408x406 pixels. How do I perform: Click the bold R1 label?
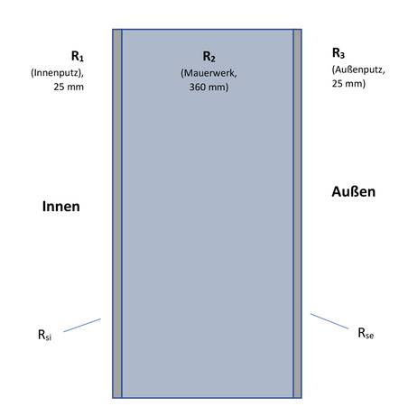point(78,56)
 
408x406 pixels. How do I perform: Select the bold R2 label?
point(209,57)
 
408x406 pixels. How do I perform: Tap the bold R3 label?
point(338,53)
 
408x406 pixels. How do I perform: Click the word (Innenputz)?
point(57,73)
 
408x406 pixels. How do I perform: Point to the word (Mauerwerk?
point(209,73)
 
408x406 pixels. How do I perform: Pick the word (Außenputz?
point(358,69)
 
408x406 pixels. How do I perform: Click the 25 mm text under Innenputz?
point(69,87)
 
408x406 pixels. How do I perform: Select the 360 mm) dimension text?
point(209,87)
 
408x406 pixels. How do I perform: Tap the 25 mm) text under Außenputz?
point(348,83)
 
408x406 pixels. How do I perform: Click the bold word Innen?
point(61,207)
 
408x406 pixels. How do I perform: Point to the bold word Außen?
point(354,191)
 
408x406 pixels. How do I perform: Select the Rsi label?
point(44,335)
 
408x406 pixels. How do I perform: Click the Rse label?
point(366,333)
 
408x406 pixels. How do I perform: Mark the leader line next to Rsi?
point(82,326)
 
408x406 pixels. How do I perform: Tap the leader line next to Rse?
point(329,321)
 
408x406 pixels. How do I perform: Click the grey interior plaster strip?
point(117,214)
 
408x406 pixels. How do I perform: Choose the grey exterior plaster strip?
point(297,214)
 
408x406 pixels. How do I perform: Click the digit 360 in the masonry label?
point(197,87)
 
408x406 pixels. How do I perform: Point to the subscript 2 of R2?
point(213,59)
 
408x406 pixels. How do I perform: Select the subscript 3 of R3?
point(342,55)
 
